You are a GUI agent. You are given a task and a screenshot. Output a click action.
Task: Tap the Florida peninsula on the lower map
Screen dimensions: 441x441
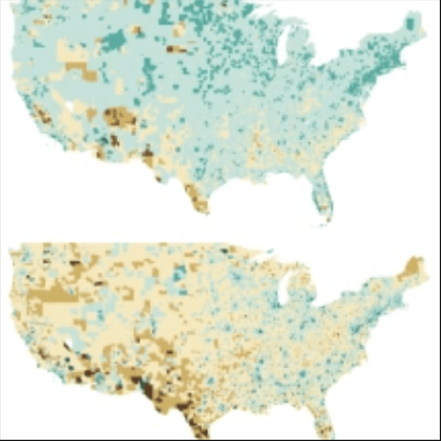(x=324, y=422)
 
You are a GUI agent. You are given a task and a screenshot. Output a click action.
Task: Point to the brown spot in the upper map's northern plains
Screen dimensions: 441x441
(x=177, y=49)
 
